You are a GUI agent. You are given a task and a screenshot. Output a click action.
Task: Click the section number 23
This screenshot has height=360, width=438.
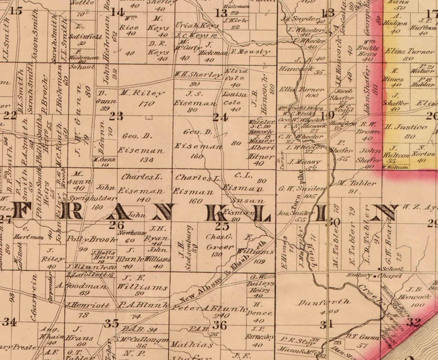(x=116, y=116)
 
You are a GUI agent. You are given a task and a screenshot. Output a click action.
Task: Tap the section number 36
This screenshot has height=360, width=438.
(x=220, y=325)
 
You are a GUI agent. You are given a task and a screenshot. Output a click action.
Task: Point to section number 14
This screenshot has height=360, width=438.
(x=117, y=12)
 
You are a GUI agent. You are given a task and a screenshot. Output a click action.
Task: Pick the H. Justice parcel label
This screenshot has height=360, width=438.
(x=400, y=127)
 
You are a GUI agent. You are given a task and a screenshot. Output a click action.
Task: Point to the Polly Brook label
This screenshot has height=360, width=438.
(x=91, y=239)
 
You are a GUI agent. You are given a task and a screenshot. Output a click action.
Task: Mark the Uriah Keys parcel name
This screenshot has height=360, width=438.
(x=197, y=25)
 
